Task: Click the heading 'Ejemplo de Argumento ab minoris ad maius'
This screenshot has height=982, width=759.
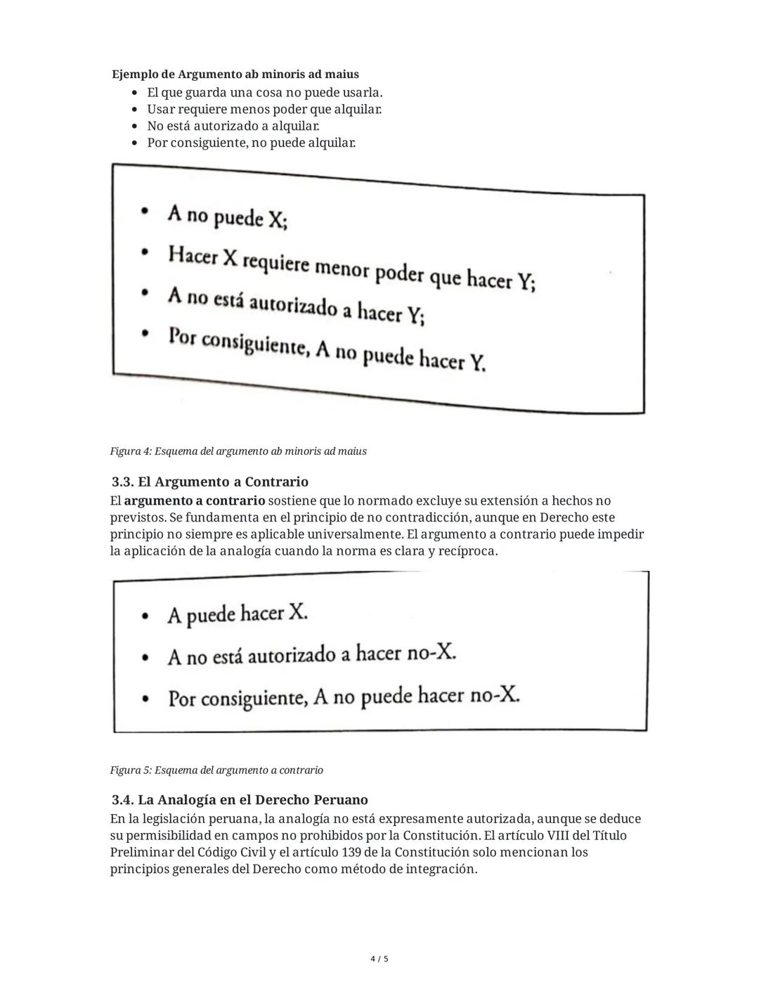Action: [x=235, y=75]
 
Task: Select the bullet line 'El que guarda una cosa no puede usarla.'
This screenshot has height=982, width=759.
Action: [x=264, y=93]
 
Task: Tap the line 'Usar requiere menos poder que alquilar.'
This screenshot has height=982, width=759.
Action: [x=264, y=110]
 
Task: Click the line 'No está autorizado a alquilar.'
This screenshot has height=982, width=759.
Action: [x=233, y=127]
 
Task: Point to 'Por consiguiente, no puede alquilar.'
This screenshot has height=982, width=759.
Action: [x=251, y=143]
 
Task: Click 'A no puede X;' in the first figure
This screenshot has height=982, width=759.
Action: [x=226, y=217]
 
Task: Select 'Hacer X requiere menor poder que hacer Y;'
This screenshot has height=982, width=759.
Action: [x=351, y=268]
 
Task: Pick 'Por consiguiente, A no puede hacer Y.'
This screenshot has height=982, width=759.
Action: [x=326, y=349]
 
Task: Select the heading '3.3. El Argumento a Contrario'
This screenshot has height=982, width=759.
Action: [x=209, y=482]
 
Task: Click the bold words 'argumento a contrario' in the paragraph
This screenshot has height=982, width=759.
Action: [x=195, y=501]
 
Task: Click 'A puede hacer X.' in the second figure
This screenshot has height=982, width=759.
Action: [x=237, y=614]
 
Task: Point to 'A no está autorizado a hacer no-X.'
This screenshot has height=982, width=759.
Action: [x=311, y=655]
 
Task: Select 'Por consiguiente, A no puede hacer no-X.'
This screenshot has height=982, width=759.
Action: [x=343, y=697]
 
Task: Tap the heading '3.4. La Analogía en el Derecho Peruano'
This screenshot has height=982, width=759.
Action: [x=239, y=800]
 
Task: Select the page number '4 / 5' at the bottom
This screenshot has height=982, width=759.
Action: [x=379, y=959]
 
